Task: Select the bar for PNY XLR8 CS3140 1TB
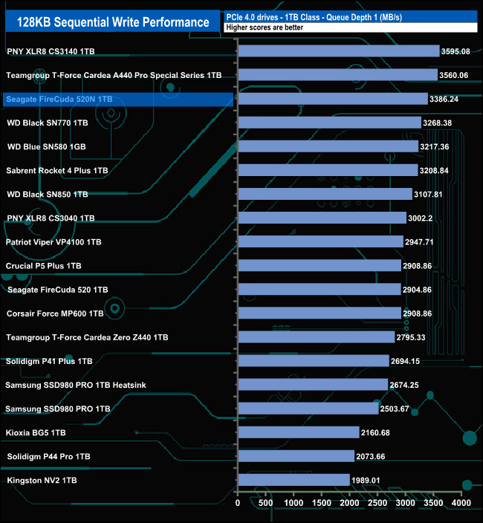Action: [x=339, y=51]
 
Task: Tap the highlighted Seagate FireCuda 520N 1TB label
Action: [x=59, y=99]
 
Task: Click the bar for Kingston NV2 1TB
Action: [x=294, y=480]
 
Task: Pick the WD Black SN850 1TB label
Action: [x=47, y=194]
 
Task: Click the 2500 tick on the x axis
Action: [x=377, y=503]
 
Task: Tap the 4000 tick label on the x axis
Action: [x=461, y=503]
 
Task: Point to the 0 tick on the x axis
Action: [x=238, y=503]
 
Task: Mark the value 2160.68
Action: [x=379, y=432]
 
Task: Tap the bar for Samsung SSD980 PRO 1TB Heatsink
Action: [x=313, y=385]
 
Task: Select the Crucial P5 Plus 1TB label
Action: [x=44, y=265]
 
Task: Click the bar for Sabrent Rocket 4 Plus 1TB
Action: [x=328, y=170]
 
